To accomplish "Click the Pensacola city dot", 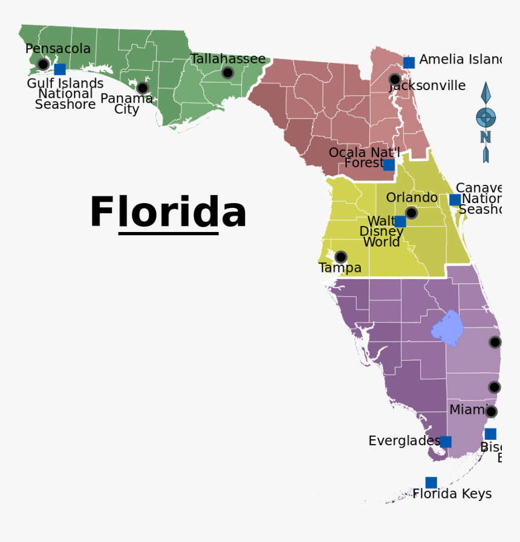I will (x=43, y=64).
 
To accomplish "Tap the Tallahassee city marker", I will (x=227, y=73).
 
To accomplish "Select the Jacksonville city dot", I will (x=395, y=79).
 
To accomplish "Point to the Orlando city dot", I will (x=411, y=213).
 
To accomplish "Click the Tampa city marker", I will (x=341, y=257).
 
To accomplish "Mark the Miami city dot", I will (x=491, y=411).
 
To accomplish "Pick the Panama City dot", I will (x=142, y=88).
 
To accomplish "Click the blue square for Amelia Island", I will (x=409, y=62).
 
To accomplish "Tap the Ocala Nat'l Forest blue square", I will (x=389, y=165).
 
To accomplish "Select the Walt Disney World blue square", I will (x=400, y=221).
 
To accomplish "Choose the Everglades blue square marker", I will (x=445, y=442).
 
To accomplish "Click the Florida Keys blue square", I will (x=431, y=482).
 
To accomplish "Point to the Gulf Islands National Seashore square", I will (x=59, y=69).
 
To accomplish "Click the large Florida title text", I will (x=168, y=213).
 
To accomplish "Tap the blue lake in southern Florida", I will (x=448, y=328).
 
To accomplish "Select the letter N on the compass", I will (x=485, y=137).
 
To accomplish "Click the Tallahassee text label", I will (x=228, y=59).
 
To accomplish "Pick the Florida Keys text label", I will (x=452, y=494).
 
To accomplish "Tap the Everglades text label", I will (x=404, y=441).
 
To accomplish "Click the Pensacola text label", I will (x=58, y=49).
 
